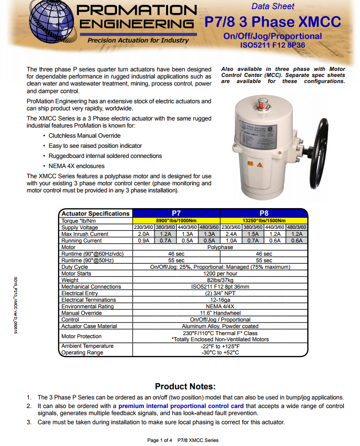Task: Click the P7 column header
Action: (176, 213)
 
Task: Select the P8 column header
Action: (264, 213)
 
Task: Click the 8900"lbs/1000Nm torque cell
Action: (176, 221)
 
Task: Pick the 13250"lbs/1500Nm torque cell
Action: (264, 221)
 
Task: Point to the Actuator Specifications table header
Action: (95, 213)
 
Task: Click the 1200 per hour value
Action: (220, 273)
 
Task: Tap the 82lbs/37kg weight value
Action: (220, 280)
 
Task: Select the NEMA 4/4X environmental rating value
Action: (220, 306)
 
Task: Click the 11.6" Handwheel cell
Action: (220, 313)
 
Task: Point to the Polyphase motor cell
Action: (220, 247)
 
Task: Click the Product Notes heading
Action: (185, 386)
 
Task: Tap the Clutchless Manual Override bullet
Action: (85, 136)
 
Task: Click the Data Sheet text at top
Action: (272, 6)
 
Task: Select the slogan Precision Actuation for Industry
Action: (138, 40)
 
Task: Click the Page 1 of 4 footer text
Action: (160, 440)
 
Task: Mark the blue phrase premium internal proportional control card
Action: (181, 406)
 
